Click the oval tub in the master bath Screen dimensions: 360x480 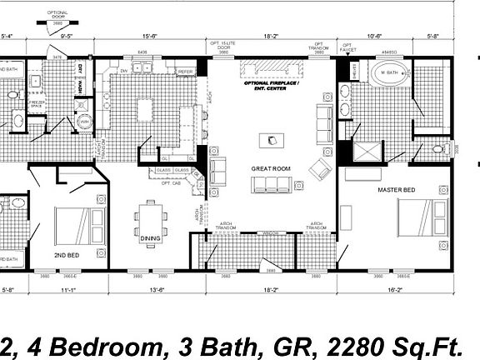point(388,73)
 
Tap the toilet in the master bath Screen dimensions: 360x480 point(439,150)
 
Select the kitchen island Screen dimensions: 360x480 point(147,109)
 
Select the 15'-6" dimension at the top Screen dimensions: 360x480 point(151,36)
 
